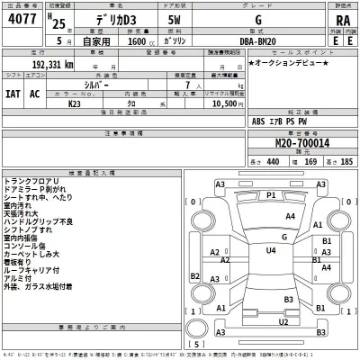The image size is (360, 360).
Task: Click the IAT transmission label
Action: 14,93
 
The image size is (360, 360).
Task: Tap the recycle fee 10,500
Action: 224,105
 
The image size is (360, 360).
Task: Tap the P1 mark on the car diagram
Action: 271,193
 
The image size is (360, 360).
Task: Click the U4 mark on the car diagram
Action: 271,250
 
